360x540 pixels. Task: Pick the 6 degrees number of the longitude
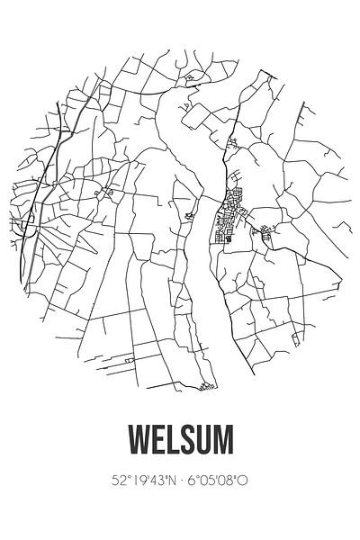(x=193, y=481)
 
